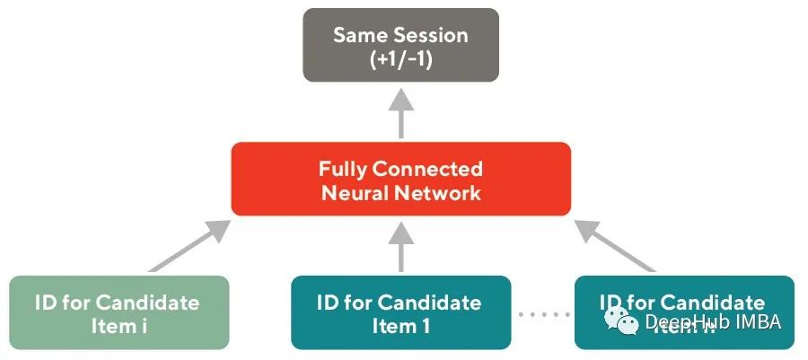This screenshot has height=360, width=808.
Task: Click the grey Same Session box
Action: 400,45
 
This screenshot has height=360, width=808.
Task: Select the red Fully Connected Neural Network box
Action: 400,179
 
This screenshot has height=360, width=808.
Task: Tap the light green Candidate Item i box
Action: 119,312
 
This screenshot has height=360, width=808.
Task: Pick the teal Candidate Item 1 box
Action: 400,312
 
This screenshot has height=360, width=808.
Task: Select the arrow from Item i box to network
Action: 189,247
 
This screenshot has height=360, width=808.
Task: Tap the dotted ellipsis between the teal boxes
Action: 543,314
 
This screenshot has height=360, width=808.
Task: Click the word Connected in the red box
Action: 429,169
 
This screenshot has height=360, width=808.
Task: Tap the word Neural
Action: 356,191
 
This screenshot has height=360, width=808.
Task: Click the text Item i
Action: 119,325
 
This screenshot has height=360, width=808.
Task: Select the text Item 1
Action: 400,325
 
